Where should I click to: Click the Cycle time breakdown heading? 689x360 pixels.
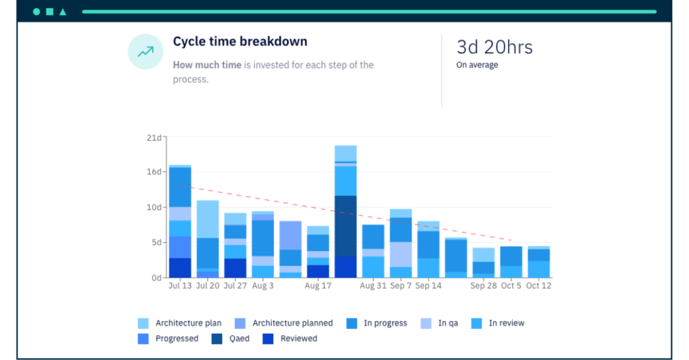coord(240,42)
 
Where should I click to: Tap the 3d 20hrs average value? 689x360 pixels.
coord(495,47)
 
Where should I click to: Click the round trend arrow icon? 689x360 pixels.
coord(145,52)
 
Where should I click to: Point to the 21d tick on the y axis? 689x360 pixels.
coord(154,137)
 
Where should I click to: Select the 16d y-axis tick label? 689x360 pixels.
coord(154,172)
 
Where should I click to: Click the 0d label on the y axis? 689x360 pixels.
coord(155,277)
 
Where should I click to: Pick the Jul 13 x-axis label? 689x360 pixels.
coord(180,285)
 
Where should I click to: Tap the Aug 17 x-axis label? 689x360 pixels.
coord(318,285)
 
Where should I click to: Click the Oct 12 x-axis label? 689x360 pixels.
coord(538,285)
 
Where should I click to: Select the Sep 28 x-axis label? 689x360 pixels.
coord(483,285)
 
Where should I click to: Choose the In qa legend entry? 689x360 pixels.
coord(447,323)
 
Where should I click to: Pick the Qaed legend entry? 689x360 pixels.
coord(239,338)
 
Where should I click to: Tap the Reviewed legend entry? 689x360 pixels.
coord(298,338)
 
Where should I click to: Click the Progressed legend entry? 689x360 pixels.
coord(176,338)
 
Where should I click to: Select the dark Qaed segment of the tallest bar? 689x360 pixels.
coord(345,225)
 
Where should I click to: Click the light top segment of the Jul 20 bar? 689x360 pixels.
coord(207,219)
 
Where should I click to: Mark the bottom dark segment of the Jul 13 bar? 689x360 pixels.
coord(180,267)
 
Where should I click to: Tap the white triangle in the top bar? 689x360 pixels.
coord(63,11)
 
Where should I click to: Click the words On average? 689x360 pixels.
coord(477,65)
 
